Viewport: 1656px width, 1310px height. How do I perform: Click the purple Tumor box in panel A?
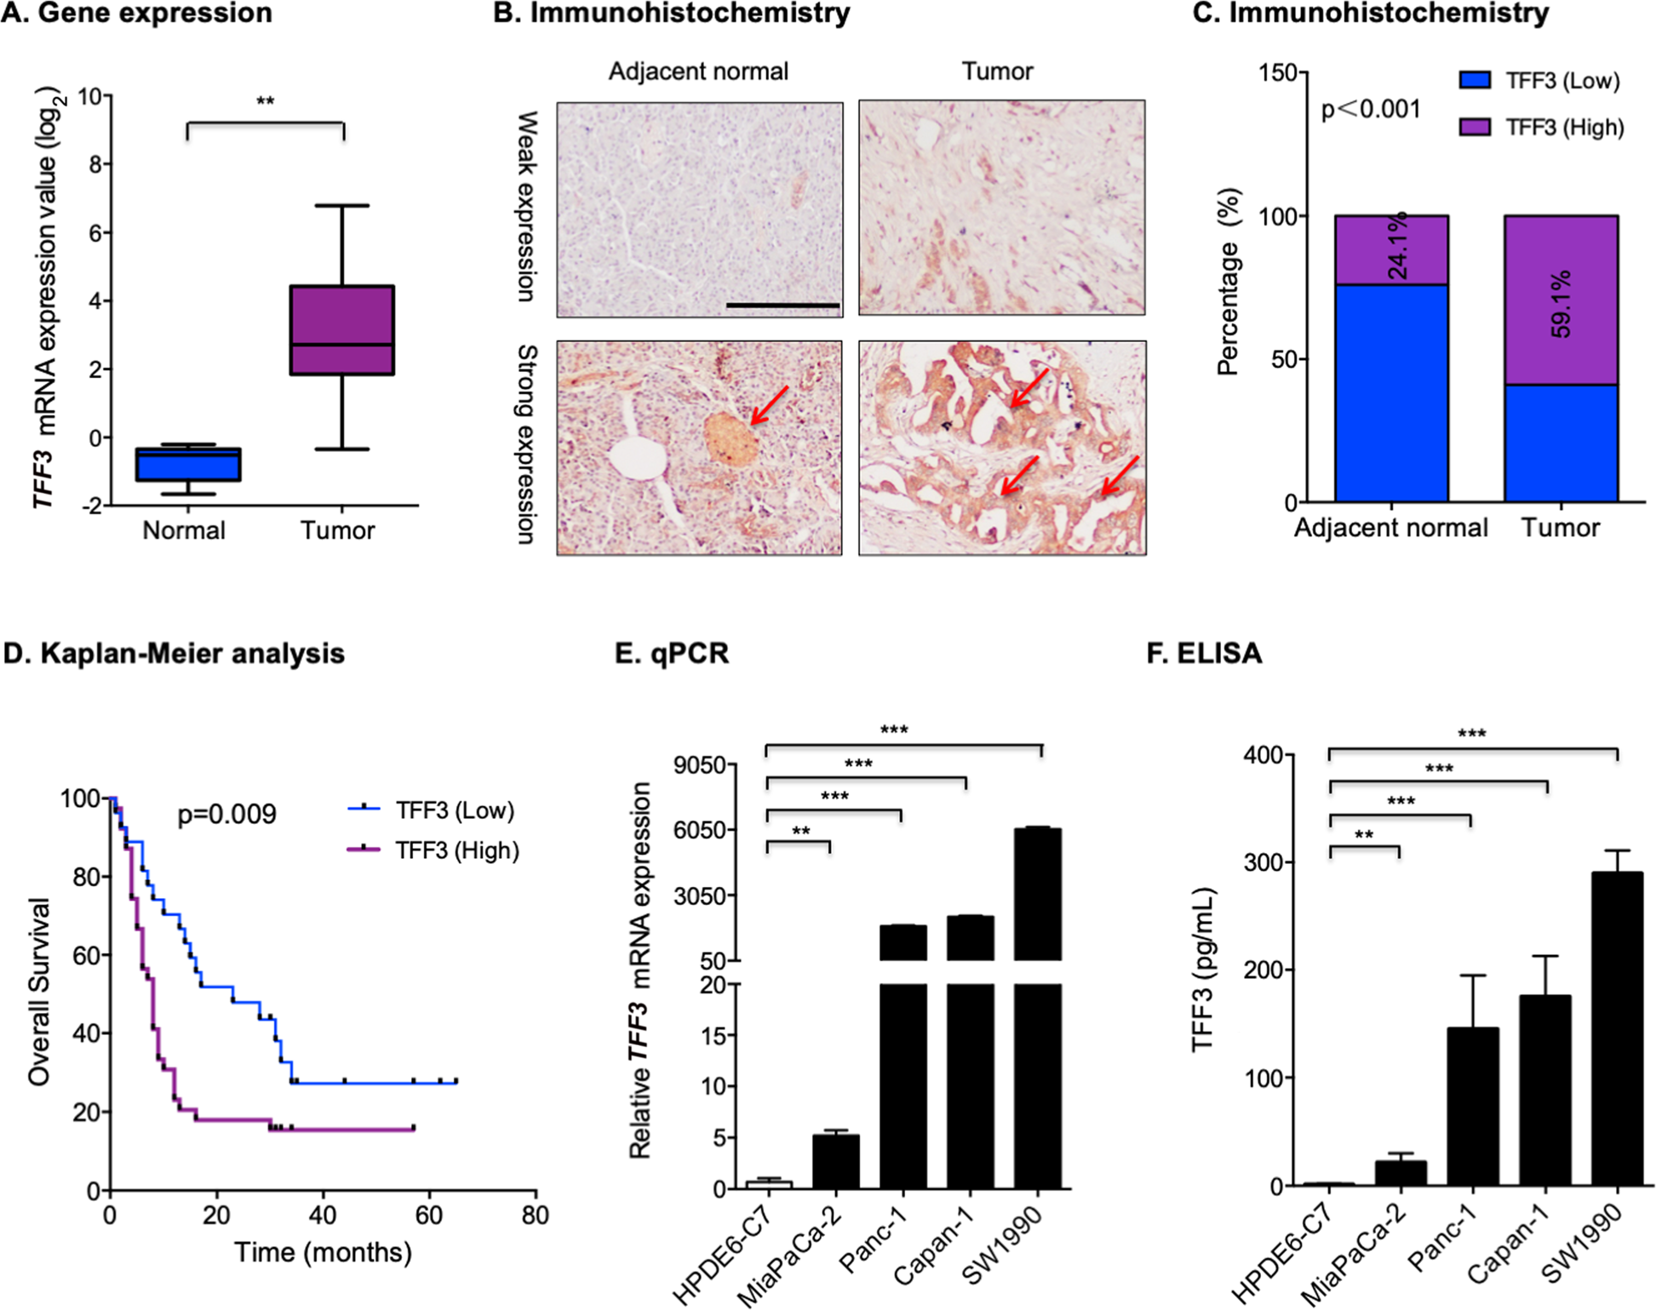[341, 329]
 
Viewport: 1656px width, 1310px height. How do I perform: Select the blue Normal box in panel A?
[188, 465]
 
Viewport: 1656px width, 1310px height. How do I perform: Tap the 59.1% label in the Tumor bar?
[1561, 304]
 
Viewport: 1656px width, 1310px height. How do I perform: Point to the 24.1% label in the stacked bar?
[1397, 248]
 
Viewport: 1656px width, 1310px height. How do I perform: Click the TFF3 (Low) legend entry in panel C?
[1539, 81]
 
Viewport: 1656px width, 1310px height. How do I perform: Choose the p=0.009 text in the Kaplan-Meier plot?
[226, 815]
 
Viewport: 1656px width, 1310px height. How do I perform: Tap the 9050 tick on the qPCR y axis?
[700, 764]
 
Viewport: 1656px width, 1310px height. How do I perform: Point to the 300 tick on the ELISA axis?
[1260, 862]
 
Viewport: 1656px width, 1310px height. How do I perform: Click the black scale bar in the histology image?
[782, 305]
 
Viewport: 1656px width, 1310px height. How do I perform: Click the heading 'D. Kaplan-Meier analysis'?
[174, 653]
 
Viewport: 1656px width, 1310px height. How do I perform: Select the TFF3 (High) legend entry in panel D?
[434, 849]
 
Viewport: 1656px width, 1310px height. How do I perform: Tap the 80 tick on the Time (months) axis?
[535, 1215]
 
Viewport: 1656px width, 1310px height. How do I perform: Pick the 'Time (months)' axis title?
[323, 1252]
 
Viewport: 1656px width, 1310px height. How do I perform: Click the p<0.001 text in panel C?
[1370, 110]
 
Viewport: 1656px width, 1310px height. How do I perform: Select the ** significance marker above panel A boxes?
[265, 102]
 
